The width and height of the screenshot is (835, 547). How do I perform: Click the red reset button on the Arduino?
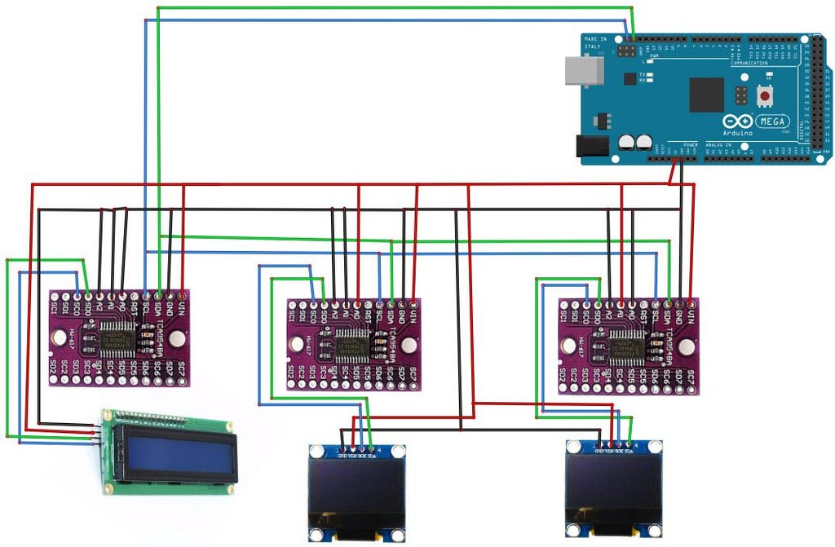[766, 95]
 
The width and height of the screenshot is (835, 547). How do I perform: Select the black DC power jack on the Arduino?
[593, 145]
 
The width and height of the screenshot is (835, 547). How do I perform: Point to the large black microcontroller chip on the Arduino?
[706, 95]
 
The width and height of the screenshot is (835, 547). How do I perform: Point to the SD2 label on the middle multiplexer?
[291, 373]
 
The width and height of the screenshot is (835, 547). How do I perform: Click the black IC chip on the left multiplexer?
[117, 337]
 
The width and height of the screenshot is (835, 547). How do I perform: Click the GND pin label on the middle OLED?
[342, 454]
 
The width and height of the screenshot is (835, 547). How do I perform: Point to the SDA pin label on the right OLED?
[630, 450]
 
